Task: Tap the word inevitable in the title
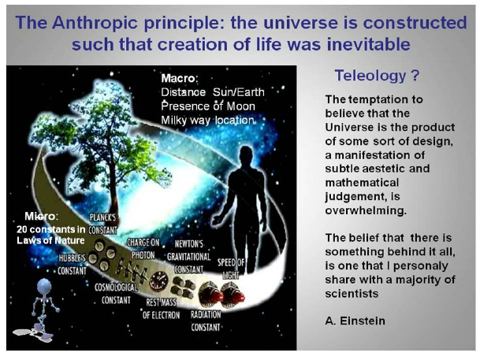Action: click(x=368, y=44)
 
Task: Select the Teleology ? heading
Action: click(x=377, y=76)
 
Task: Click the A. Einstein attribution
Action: click(x=355, y=321)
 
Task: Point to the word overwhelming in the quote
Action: click(x=366, y=210)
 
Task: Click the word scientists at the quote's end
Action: click(x=352, y=294)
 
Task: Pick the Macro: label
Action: click(x=180, y=78)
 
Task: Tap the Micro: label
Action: click(x=41, y=217)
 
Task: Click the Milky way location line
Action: click(x=207, y=121)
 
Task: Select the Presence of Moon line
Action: click(x=208, y=106)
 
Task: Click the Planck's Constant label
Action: click(x=102, y=224)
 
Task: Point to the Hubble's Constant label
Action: click(x=73, y=265)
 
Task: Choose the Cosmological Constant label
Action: click(x=116, y=294)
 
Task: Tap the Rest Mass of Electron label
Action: click(x=161, y=309)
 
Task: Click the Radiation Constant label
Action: click(x=206, y=321)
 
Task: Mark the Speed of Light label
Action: click(x=231, y=269)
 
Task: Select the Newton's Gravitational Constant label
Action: click(x=189, y=257)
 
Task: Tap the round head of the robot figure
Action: click(x=44, y=287)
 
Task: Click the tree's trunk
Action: click(x=113, y=190)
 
